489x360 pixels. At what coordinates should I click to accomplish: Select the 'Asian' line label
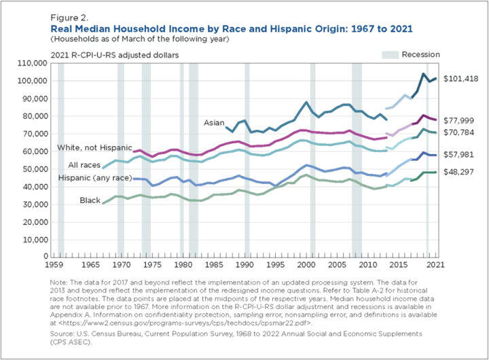click(214, 123)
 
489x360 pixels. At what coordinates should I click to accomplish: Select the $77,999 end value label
click(460, 120)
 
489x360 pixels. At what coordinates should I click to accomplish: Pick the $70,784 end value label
click(460, 132)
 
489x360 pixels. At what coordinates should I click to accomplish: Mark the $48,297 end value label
click(460, 173)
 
